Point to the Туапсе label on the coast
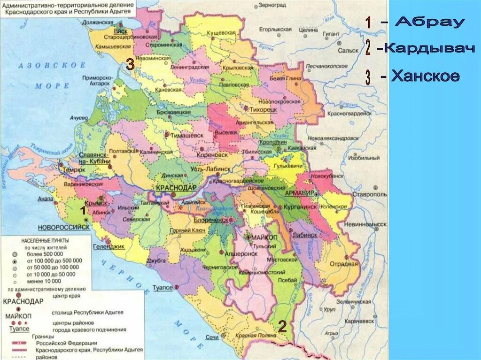(163, 288)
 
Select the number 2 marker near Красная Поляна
(282, 327)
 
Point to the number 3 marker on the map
(130, 65)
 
